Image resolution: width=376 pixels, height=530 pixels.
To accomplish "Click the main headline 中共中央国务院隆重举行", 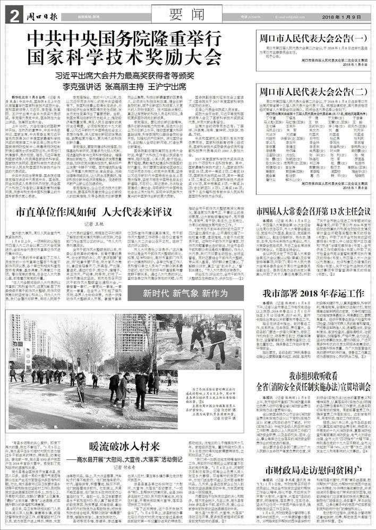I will [123, 39].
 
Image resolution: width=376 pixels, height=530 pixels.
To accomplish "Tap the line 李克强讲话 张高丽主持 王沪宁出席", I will [123, 86].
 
